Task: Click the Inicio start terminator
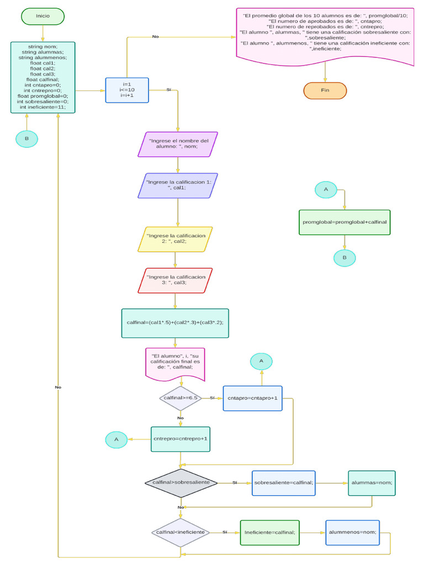point(43,16)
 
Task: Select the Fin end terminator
point(325,90)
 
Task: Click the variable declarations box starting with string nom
point(43,77)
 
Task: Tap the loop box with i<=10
point(127,90)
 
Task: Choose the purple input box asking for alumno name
point(177,144)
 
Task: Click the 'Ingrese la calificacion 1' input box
point(177,185)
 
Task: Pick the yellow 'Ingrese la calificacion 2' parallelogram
point(175,239)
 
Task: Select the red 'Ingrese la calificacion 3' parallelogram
point(175,280)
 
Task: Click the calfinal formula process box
point(174,323)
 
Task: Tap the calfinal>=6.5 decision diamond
point(181,398)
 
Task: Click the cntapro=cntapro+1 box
point(252,398)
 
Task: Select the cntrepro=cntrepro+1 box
point(180,439)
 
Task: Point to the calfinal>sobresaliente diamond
point(181,483)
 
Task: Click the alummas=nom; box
point(372,483)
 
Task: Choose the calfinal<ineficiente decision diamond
point(181,532)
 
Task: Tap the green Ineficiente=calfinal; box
point(269,532)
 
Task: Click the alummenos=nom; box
point(352,532)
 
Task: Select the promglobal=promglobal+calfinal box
point(344,222)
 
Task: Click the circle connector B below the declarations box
point(26,139)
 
